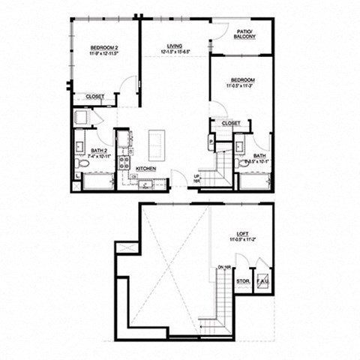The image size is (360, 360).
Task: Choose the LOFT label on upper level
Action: pyautogui.click(x=241, y=234)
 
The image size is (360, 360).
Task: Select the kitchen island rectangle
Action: pyautogui.click(x=158, y=141)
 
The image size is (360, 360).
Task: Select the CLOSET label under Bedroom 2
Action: pyautogui.click(x=94, y=97)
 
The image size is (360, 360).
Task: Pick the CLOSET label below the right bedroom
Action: pyautogui.click(x=231, y=123)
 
